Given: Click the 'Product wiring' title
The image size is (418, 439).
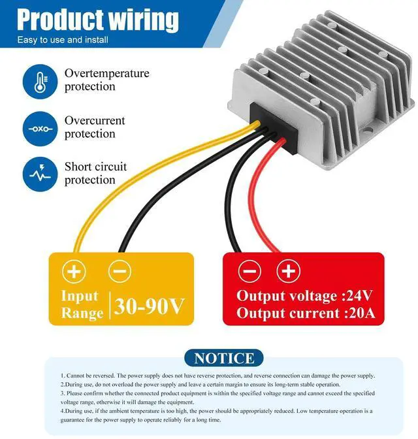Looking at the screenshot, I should pyautogui.click(x=98, y=20).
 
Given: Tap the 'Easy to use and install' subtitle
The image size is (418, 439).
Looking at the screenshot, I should pyautogui.click(x=63, y=41).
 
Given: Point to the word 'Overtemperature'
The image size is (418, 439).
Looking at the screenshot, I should pyautogui.click(x=106, y=73).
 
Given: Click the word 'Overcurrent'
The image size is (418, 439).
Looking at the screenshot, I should pyautogui.click(x=95, y=121).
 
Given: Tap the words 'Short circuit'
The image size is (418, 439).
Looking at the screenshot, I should pyautogui.click(x=96, y=167).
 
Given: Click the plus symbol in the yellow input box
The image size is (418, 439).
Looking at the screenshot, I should pyautogui.click(x=74, y=271).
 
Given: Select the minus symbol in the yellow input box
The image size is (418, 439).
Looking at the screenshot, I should pyautogui.click(x=119, y=271).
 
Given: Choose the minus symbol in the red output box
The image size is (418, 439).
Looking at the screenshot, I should pyautogui.click(x=249, y=271).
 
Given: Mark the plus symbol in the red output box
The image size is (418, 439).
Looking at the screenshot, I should pyautogui.click(x=288, y=271).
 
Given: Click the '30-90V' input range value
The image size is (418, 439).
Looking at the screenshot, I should pyautogui.click(x=150, y=304).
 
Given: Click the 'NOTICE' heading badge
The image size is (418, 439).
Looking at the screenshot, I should pyautogui.click(x=224, y=358).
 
